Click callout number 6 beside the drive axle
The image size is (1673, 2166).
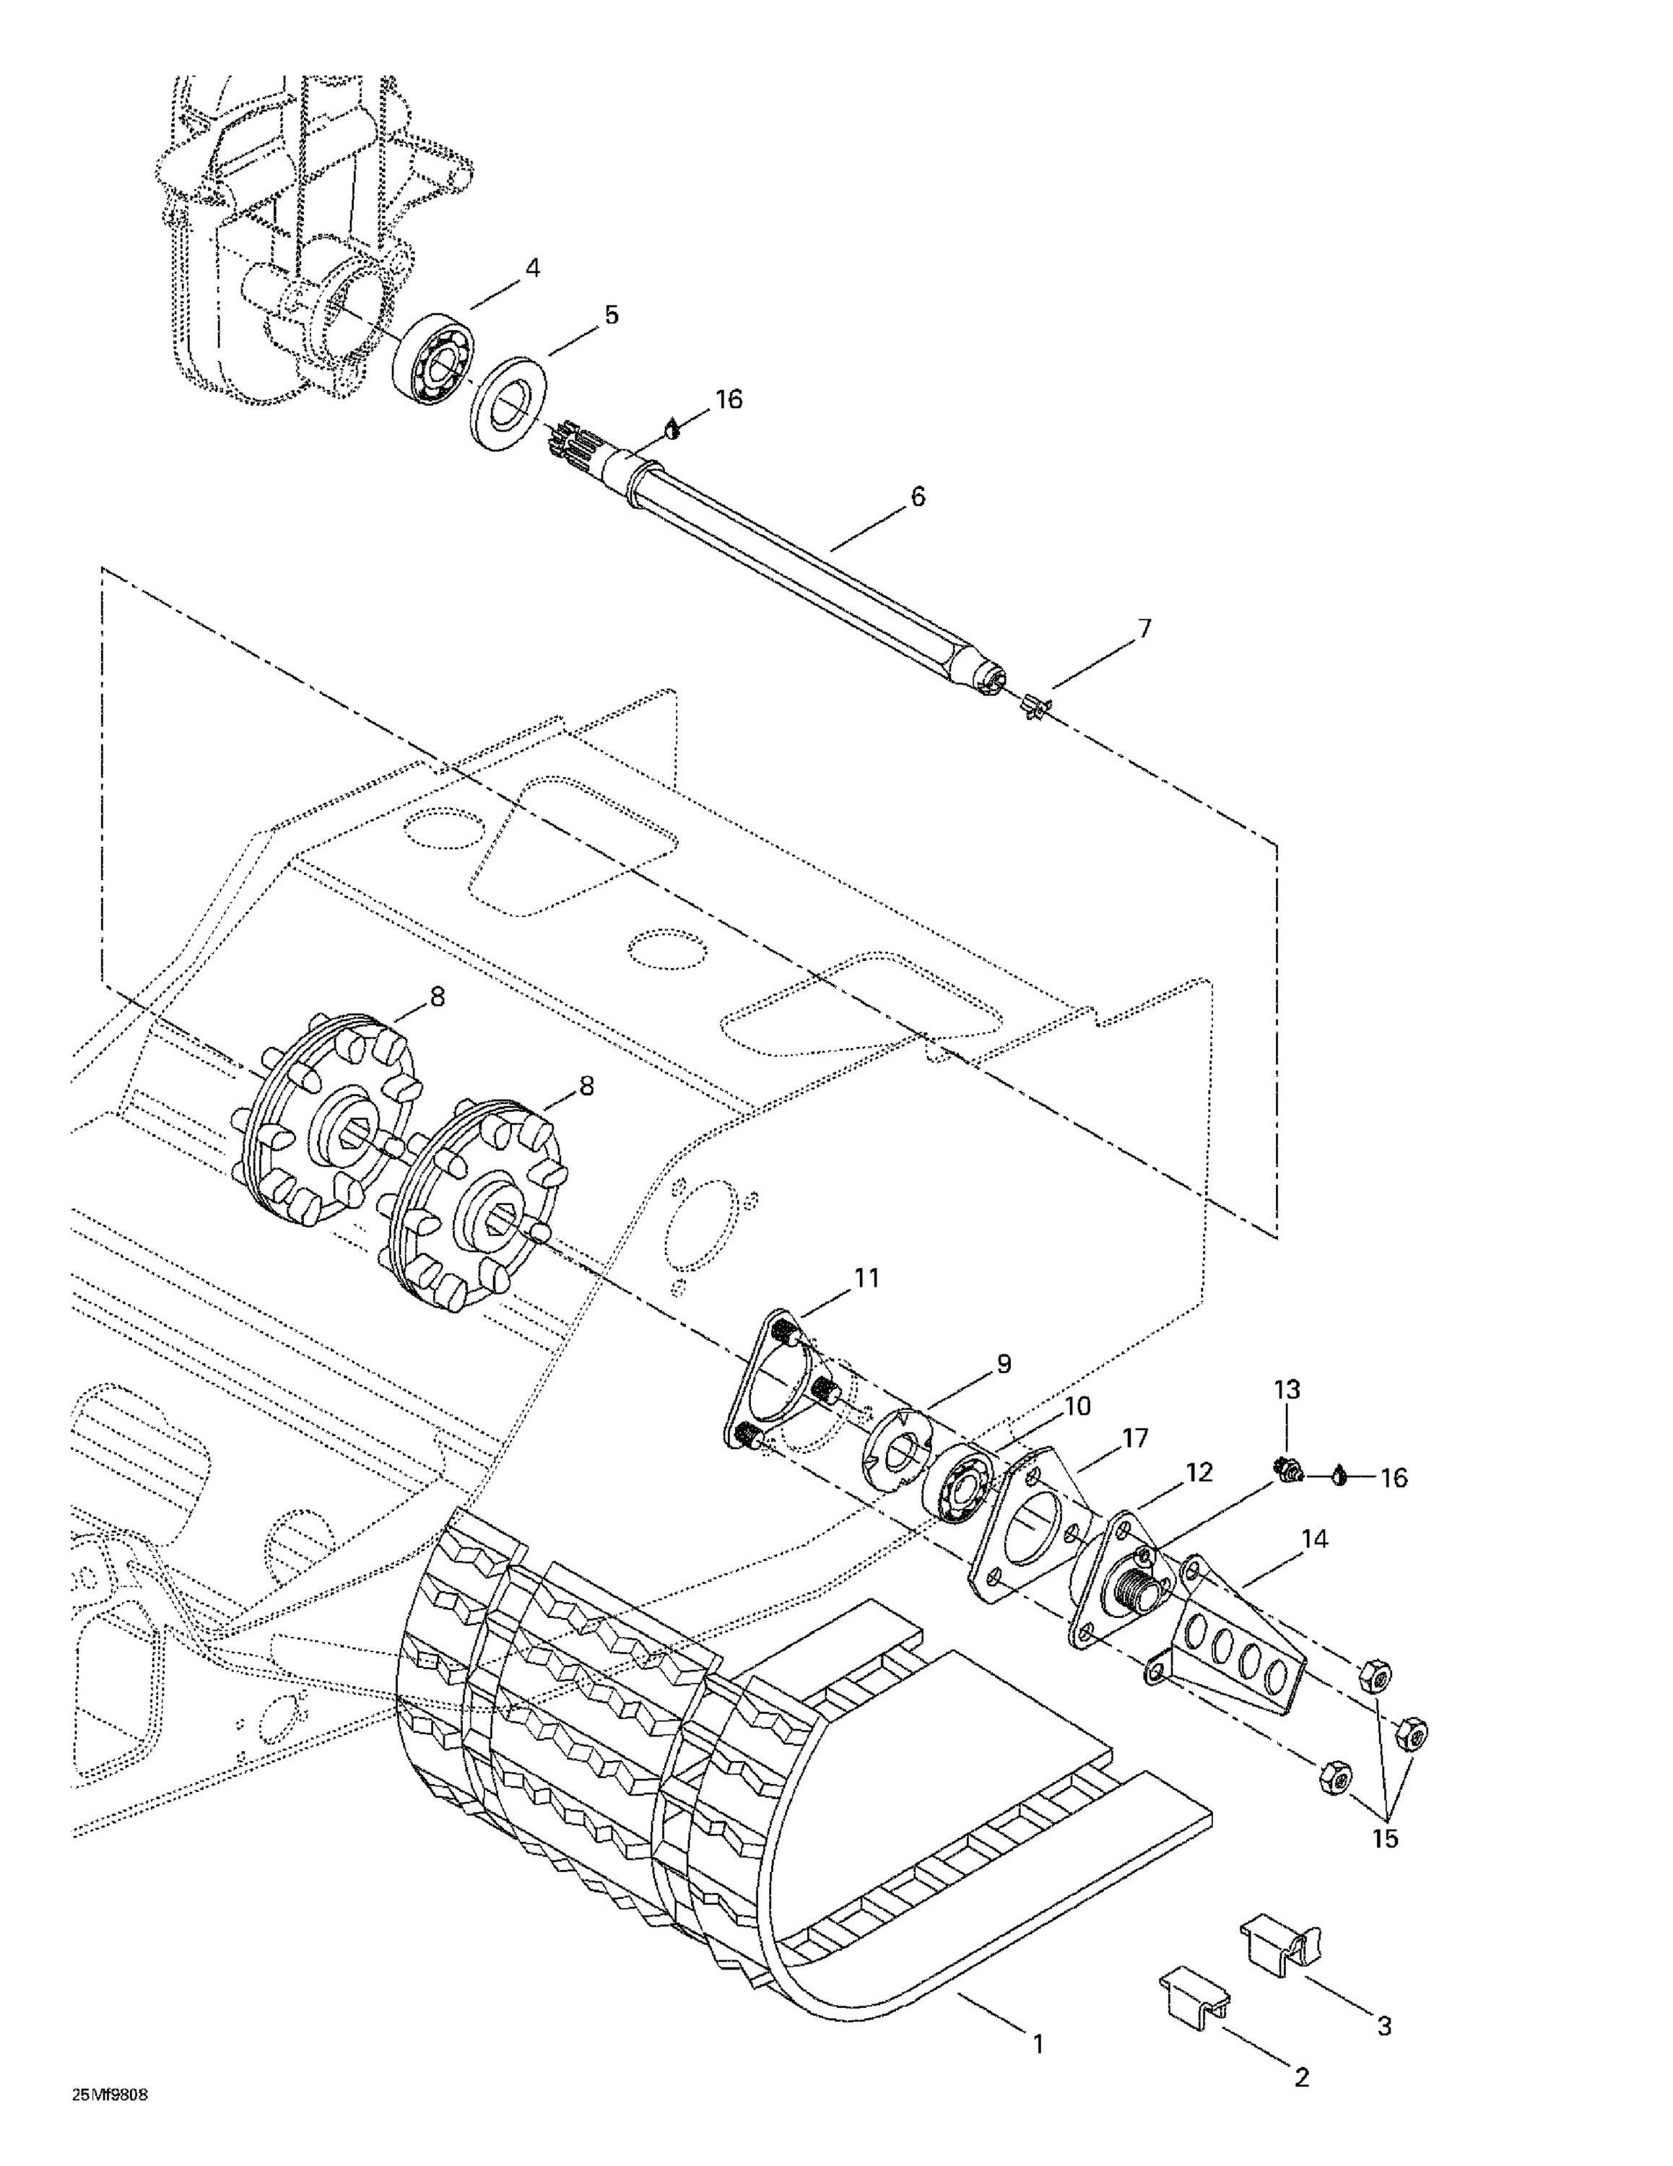[917, 496]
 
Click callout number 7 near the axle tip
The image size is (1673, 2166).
[1144, 628]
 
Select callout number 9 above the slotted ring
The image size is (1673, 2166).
[1004, 1364]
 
